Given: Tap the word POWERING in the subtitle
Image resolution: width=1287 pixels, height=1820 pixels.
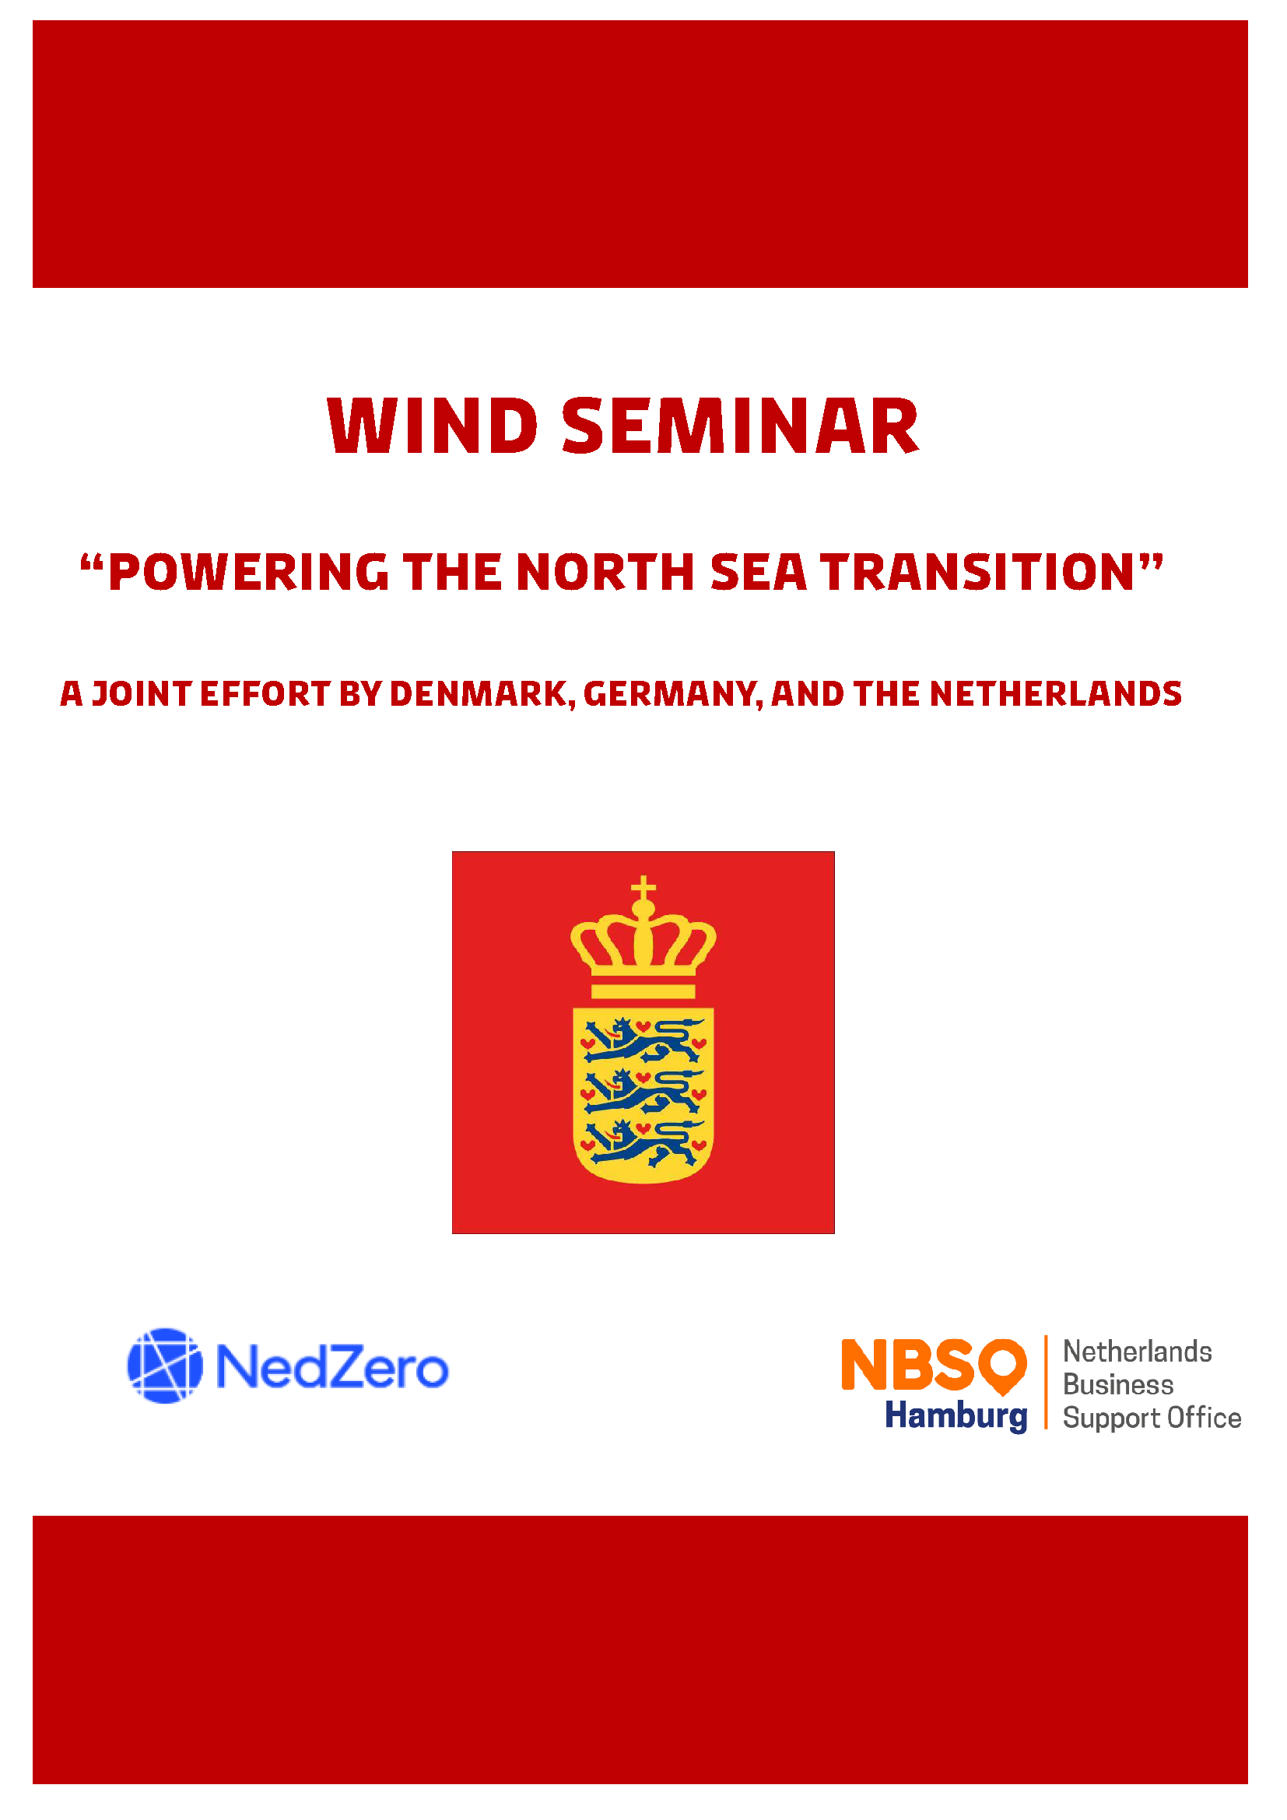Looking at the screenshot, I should click(248, 573).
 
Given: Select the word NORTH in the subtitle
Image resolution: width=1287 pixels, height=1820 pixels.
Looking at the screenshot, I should click(605, 573).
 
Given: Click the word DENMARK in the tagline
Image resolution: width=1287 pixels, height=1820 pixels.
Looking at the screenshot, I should click(479, 693).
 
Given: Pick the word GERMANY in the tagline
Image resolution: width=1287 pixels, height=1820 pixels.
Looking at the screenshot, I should click(671, 693).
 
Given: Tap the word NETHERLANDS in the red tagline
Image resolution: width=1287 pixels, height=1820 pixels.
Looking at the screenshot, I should click(1056, 693).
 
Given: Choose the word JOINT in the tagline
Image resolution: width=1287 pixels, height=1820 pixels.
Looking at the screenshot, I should click(142, 693).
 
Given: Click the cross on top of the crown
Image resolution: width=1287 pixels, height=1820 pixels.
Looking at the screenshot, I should click(643, 887).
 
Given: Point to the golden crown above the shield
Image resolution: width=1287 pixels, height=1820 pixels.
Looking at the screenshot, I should click(643, 943).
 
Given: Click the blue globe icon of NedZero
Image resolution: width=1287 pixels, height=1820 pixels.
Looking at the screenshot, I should click(165, 1366).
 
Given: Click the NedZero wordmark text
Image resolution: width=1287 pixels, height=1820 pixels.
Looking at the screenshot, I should click(332, 1366).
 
